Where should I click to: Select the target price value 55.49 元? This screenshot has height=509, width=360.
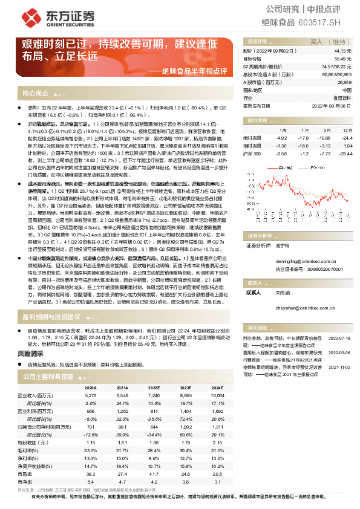(343, 59)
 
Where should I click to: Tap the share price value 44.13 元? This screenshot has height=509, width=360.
(343, 52)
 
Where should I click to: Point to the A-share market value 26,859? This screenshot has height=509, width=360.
(344, 82)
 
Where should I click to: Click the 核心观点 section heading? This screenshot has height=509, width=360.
(35, 94)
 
